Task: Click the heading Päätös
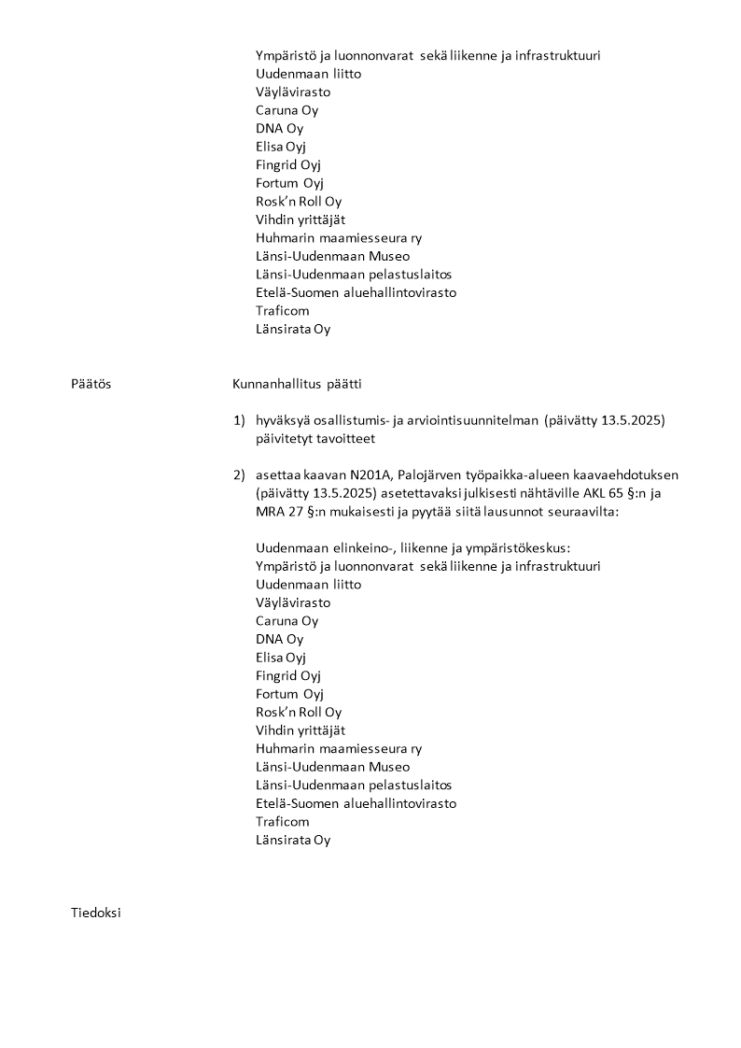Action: [91, 384]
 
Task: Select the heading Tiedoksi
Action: [95, 913]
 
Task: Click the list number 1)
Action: [240, 420]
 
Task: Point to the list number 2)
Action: [240, 475]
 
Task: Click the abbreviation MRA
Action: [272, 512]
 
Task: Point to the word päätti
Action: [343, 384]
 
